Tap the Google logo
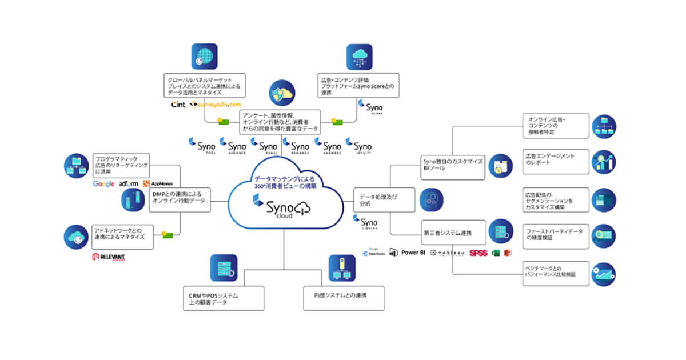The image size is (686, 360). coord(104,184)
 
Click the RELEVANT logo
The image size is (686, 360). coord(109,257)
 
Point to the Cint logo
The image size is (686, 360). coord(178,105)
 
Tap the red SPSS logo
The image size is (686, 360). coord(478,253)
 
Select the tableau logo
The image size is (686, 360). coord(448,253)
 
